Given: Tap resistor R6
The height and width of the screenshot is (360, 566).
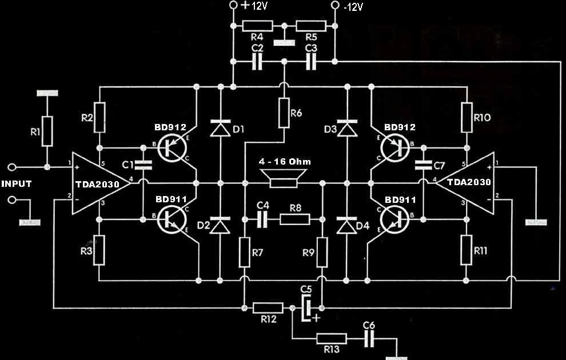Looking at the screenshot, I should [284, 113].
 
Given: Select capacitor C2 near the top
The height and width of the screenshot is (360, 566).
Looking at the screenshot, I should [258, 61].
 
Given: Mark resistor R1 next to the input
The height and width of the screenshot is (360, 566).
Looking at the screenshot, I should [47, 131].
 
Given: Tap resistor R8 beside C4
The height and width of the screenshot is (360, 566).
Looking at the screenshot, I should [295, 219].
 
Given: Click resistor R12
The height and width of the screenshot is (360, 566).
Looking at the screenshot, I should [268, 308].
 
